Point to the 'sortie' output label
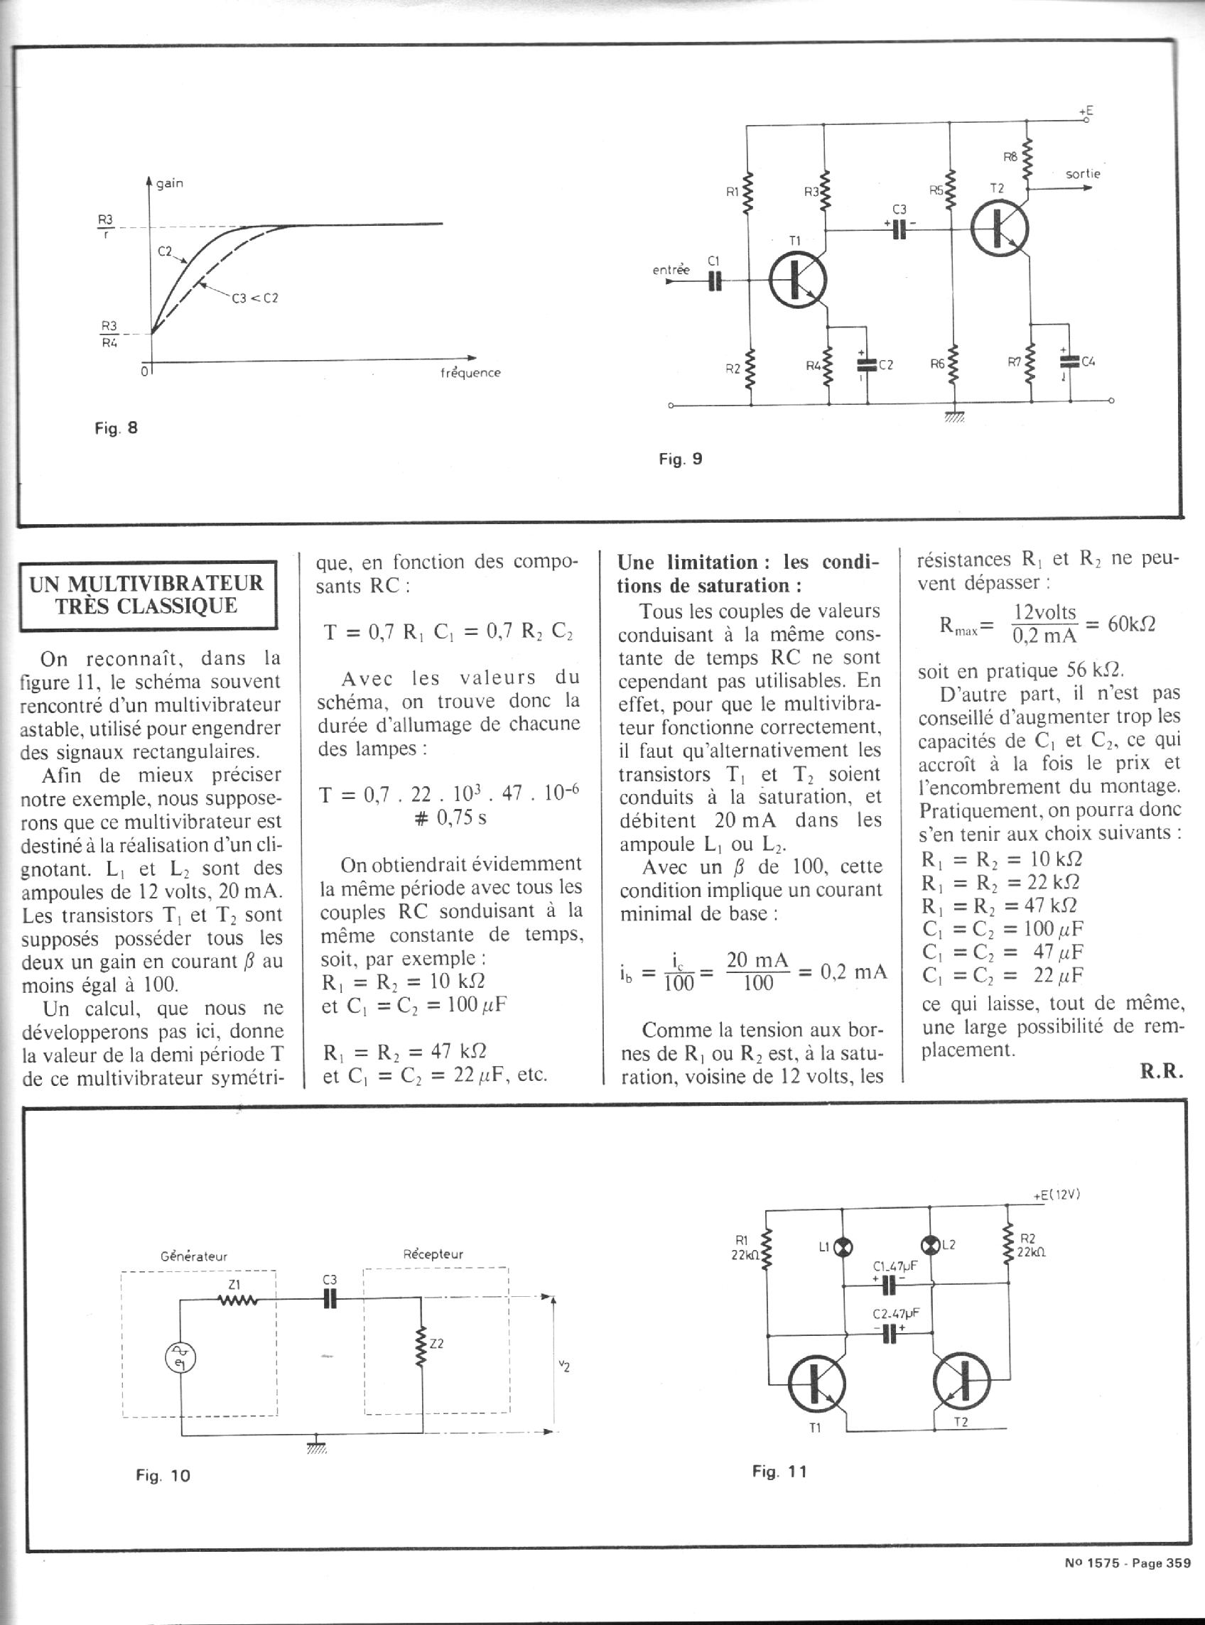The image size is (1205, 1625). tap(1083, 174)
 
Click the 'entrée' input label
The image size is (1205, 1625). tap(670, 270)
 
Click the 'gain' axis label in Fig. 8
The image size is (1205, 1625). tap(169, 184)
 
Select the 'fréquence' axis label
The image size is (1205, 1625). tap(471, 373)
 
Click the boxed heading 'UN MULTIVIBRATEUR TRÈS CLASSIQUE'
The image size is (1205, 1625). tap(146, 594)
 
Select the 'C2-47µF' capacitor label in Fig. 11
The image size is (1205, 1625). tap(896, 1313)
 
